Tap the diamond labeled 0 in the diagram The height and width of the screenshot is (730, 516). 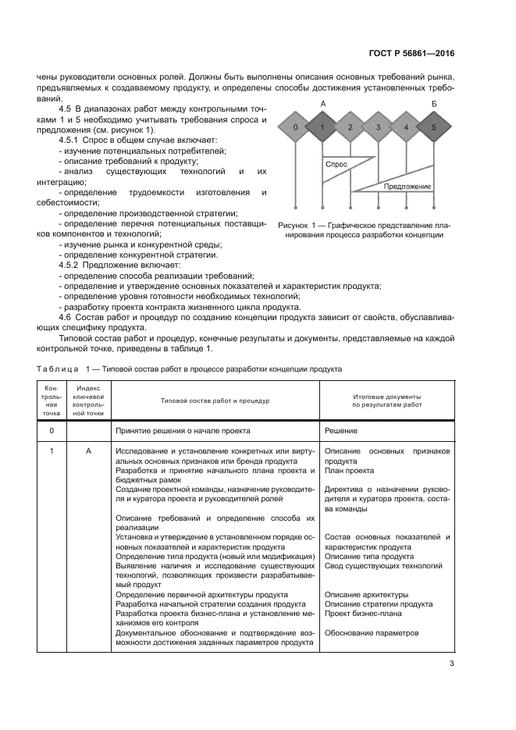coord(294,127)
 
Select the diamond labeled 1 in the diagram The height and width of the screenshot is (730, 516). coord(322,127)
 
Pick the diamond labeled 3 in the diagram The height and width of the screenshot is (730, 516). coord(378,127)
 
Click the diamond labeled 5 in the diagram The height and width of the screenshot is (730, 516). coord(434,127)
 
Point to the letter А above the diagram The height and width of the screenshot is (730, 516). coord(322,104)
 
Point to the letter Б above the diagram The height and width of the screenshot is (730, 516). coord(434,104)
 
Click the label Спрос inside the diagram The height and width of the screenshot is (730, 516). coord(336,166)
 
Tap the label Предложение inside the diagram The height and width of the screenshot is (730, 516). coord(407,187)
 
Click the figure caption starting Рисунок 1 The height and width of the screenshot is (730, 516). coord(364,230)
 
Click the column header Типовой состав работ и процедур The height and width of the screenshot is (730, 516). coord(214,400)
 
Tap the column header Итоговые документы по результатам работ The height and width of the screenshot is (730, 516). coord(386,400)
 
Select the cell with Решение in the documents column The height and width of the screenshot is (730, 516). coord(341,430)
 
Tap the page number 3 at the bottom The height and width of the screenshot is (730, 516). coord(451,664)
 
